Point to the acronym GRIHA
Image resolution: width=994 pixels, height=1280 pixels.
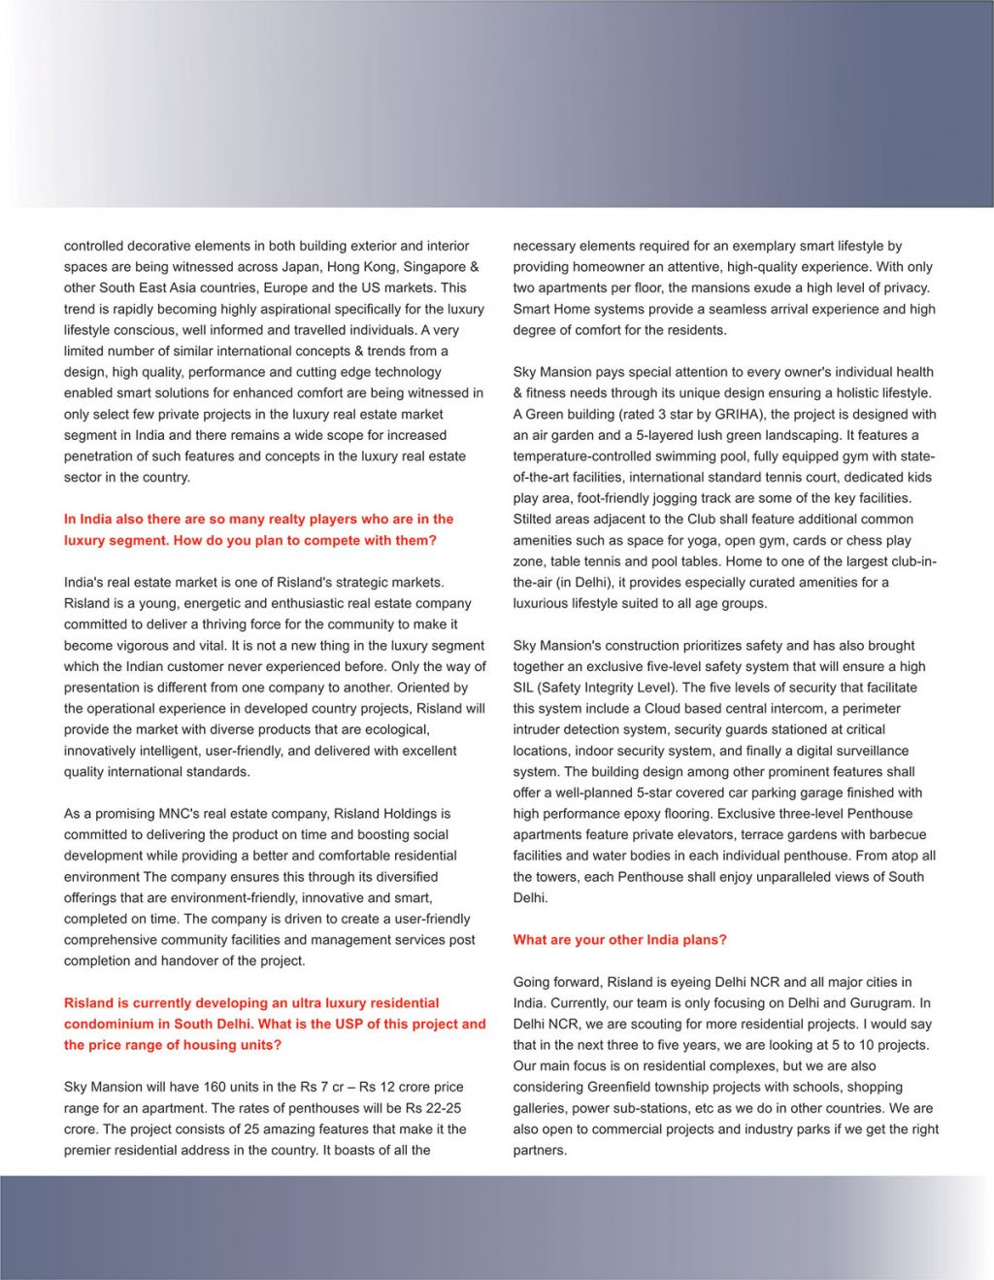pos(738,415)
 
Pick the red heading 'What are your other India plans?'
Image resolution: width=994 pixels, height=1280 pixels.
pos(619,940)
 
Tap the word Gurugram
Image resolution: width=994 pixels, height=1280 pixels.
pos(881,1003)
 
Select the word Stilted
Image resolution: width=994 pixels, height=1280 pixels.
pos(537,520)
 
